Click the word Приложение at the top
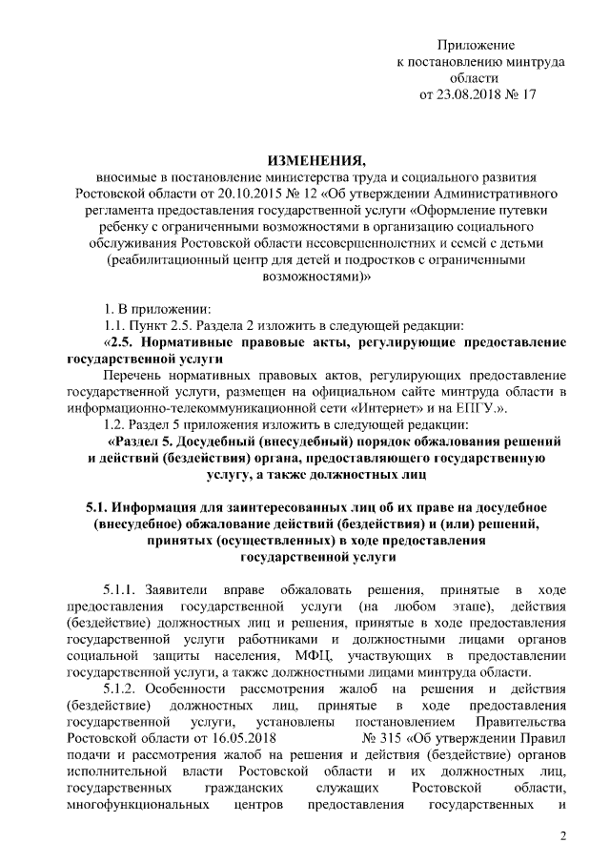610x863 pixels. pyautogui.click(x=476, y=45)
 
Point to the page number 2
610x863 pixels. pyautogui.click(x=562, y=836)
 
